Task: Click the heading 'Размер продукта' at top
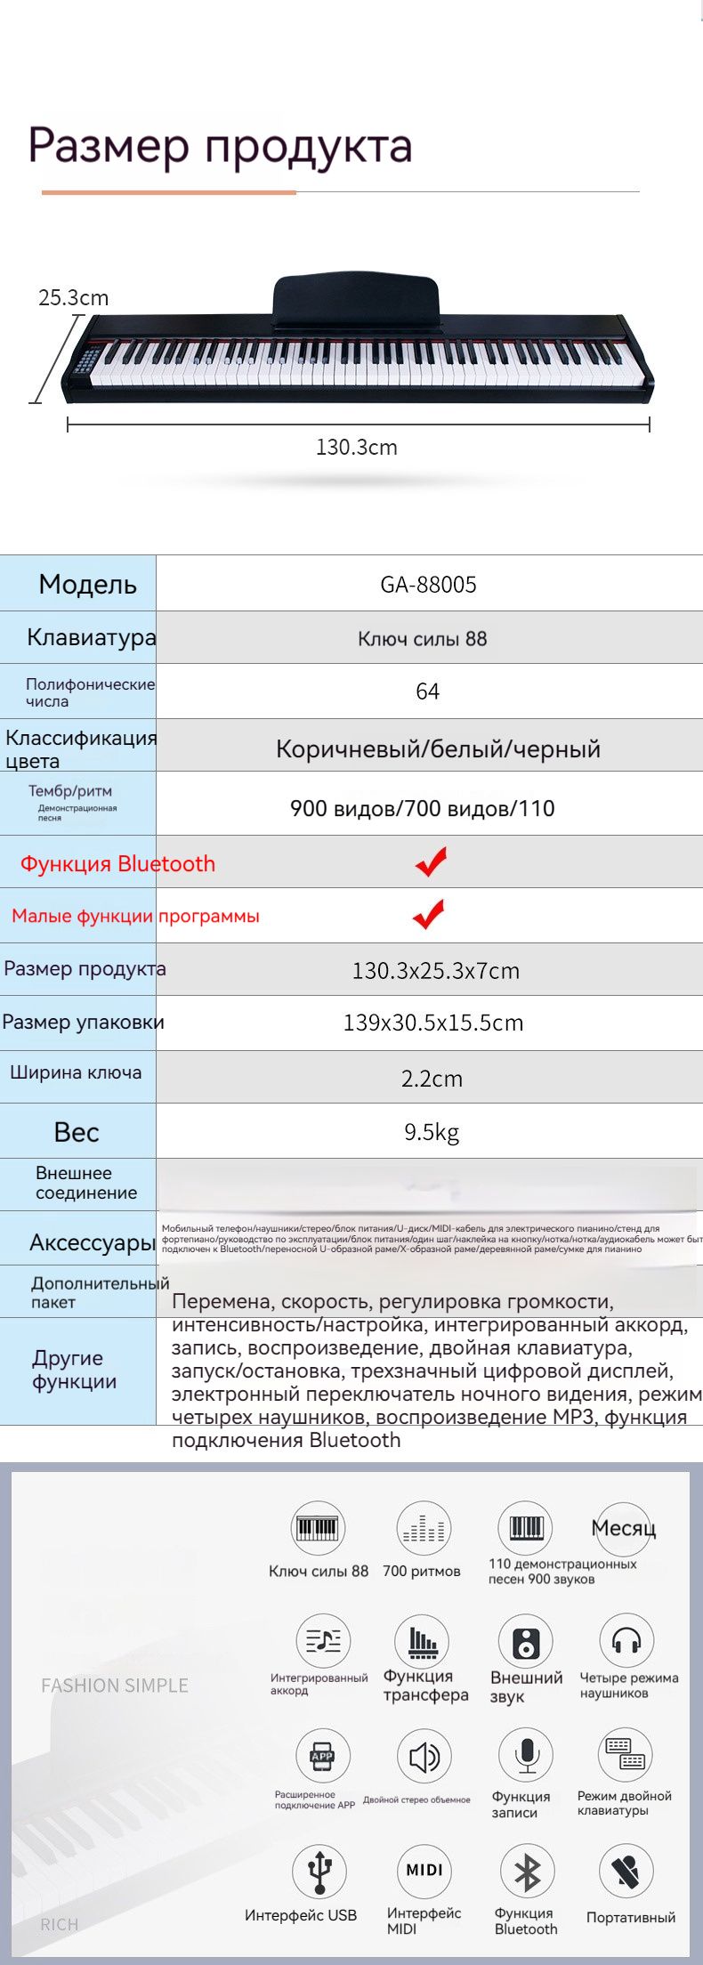(220, 146)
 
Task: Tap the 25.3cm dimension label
(73, 297)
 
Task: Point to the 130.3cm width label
(356, 447)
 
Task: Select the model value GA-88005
(428, 585)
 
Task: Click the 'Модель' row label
(87, 585)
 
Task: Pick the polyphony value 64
(427, 691)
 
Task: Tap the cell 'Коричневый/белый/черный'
(438, 748)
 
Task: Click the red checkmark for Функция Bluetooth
(431, 861)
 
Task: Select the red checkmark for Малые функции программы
(429, 914)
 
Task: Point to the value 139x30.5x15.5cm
(433, 1023)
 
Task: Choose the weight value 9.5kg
(432, 1132)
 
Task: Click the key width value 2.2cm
(432, 1079)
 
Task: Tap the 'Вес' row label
(77, 1132)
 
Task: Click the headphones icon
(626, 1639)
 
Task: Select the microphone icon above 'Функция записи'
(527, 1756)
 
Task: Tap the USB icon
(319, 1871)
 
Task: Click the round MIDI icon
(424, 1870)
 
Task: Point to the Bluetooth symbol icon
(527, 1871)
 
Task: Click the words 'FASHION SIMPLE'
(115, 1686)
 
